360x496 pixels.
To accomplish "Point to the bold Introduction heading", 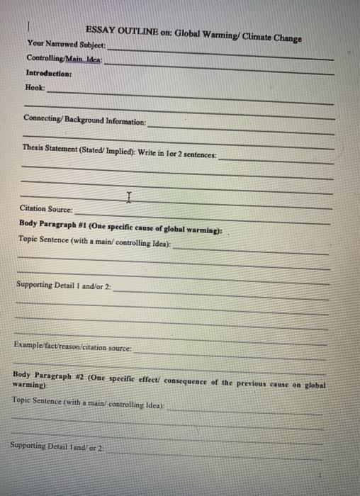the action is pyautogui.click(x=49, y=73).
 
